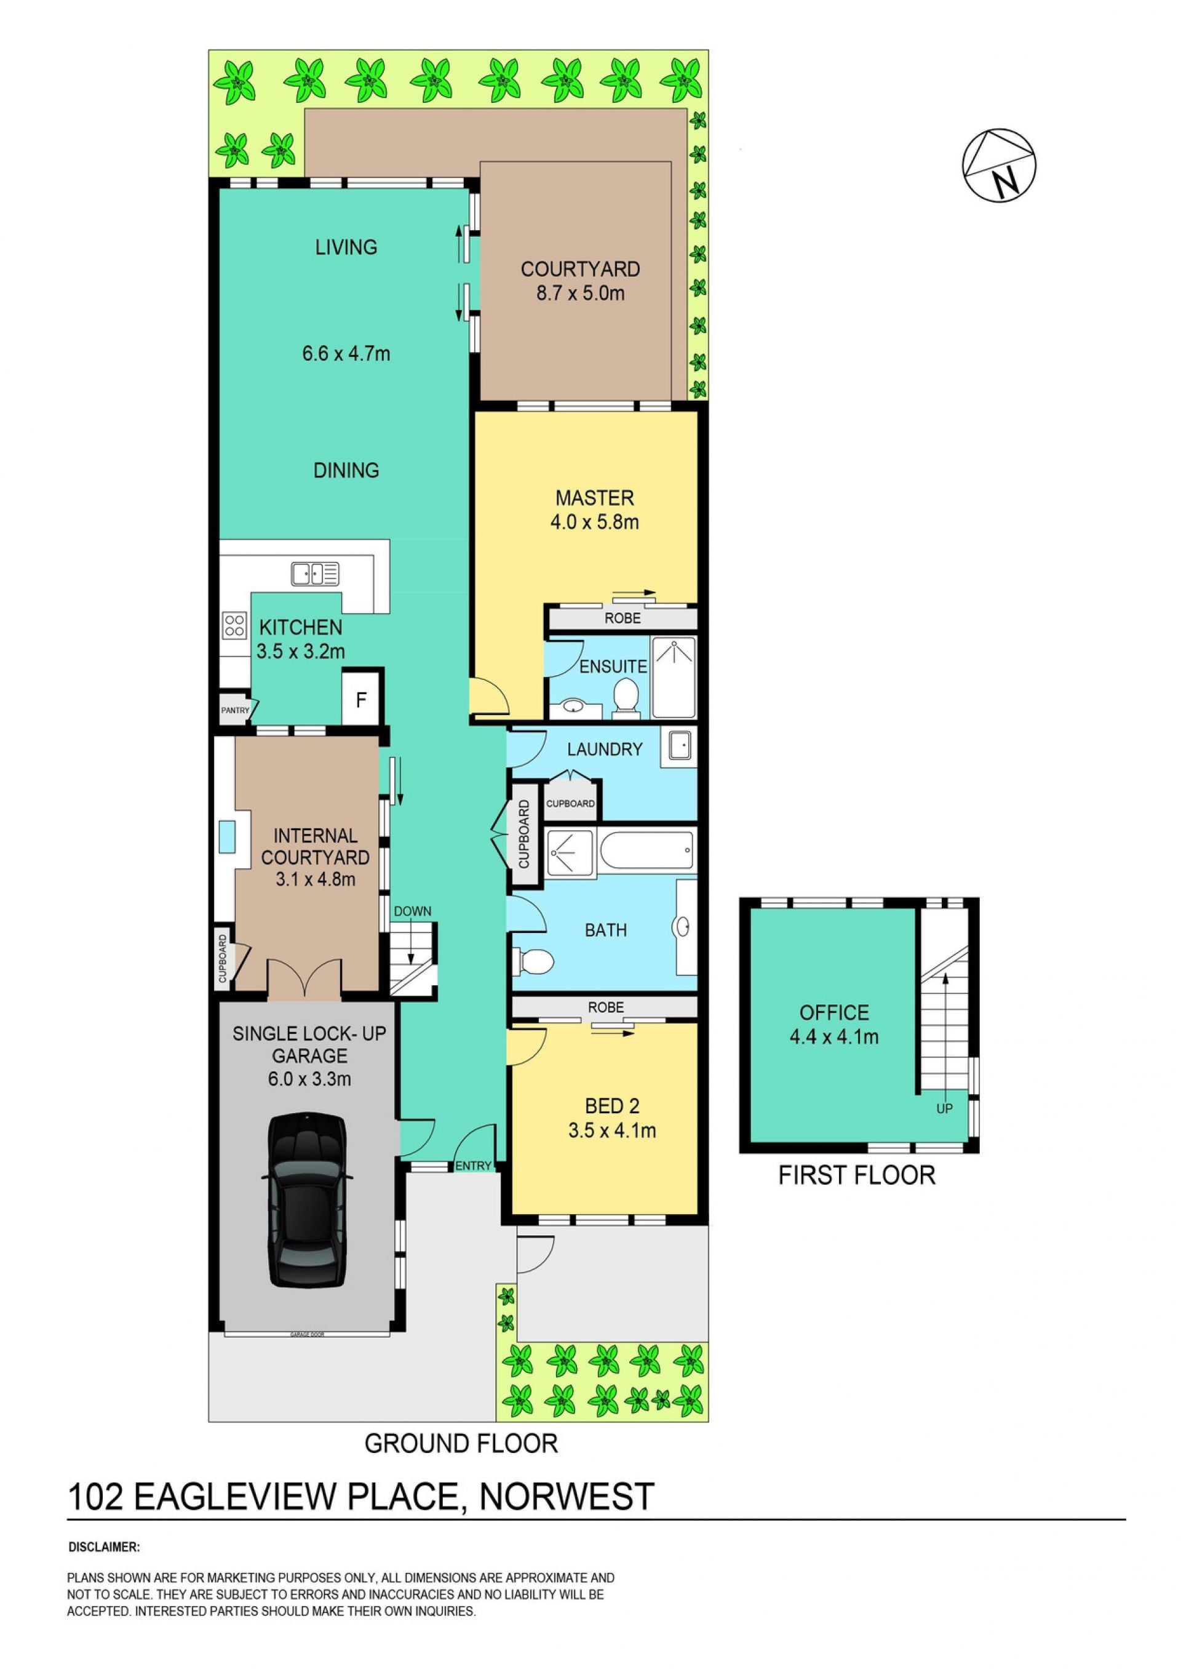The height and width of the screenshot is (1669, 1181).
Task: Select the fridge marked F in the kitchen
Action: [360, 699]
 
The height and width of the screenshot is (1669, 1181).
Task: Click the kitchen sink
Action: [315, 574]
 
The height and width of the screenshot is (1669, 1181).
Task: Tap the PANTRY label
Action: [235, 710]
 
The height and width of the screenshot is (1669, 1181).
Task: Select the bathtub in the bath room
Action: [646, 850]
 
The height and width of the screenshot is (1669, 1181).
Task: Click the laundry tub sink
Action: [678, 747]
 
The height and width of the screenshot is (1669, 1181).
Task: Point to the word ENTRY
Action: [474, 1166]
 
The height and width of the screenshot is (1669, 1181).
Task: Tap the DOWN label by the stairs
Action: [412, 911]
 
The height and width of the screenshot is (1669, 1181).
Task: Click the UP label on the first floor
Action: [944, 1109]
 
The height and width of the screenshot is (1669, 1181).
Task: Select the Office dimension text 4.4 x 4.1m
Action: [834, 1037]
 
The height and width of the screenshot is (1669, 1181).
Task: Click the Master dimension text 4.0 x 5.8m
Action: [594, 522]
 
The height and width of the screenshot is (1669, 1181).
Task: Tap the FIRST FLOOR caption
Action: [857, 1175]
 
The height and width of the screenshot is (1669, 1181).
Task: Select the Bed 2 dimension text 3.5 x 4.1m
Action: [611, 1131]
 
